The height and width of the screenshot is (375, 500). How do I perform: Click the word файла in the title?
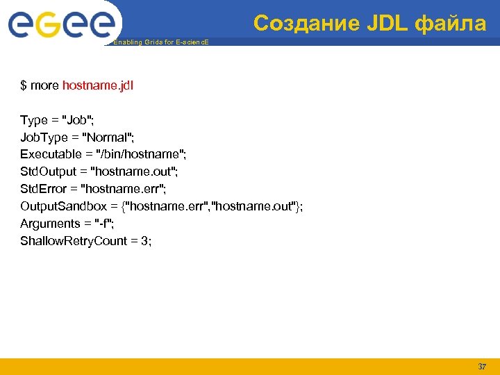point(451,24)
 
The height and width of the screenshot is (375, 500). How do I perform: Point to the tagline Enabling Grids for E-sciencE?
point(160,42)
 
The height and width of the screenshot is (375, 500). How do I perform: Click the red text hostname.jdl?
point(98,86)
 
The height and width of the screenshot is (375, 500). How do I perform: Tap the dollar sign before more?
point(24,86)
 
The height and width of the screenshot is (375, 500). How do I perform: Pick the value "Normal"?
point(104,137)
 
